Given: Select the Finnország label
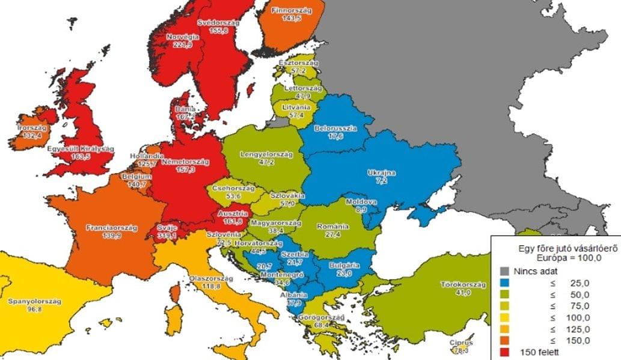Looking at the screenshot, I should (x=291, y=11).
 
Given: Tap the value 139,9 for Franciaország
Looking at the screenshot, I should (x=112, y=237).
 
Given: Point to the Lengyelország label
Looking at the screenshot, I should (x=266, y=154).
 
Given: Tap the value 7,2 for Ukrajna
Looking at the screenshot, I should (x=381, y=180).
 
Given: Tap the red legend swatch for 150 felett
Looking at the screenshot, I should (x=505, y=352).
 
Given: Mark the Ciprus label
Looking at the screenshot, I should (x=461, y=343).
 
